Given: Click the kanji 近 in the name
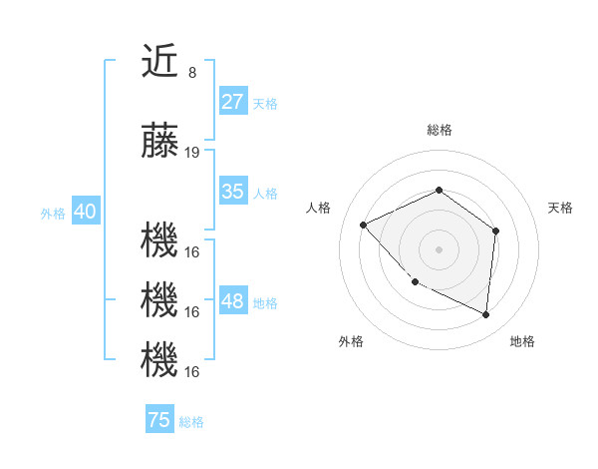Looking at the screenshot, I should pos(159,62).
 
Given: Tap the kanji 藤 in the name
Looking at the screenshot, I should pos(159,143).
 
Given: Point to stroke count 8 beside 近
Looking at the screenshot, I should pos(192,73).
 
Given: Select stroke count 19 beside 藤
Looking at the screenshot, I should pos(192,153).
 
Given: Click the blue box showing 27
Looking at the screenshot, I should pos(232,102).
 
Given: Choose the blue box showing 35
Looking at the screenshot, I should pos(232,192).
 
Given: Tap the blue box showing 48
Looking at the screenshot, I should pos(232,301).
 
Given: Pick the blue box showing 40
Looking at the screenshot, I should pos(85,212).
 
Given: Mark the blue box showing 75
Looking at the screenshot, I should pos(158,420).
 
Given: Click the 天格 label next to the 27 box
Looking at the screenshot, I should pos(265,103).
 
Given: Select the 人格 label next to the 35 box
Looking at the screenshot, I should pos(265,193).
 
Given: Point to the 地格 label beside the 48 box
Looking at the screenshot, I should pos(265,302).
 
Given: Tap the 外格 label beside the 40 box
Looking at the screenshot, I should pos(52,213).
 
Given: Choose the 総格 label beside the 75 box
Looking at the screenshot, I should pos(191,422).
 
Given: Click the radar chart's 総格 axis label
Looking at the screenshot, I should pos(439,130).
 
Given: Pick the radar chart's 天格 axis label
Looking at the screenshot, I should pos(560,208).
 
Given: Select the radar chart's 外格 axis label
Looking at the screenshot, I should pos(351,341).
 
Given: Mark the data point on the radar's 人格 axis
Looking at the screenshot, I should pos(364,225).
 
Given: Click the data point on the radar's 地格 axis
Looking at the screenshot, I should pos(485,314).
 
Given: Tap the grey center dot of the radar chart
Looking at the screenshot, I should pos(439,248).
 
